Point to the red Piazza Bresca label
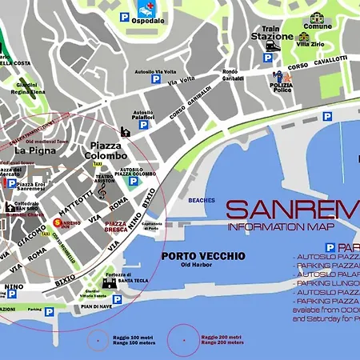118,226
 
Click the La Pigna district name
34,150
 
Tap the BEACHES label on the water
202,200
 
